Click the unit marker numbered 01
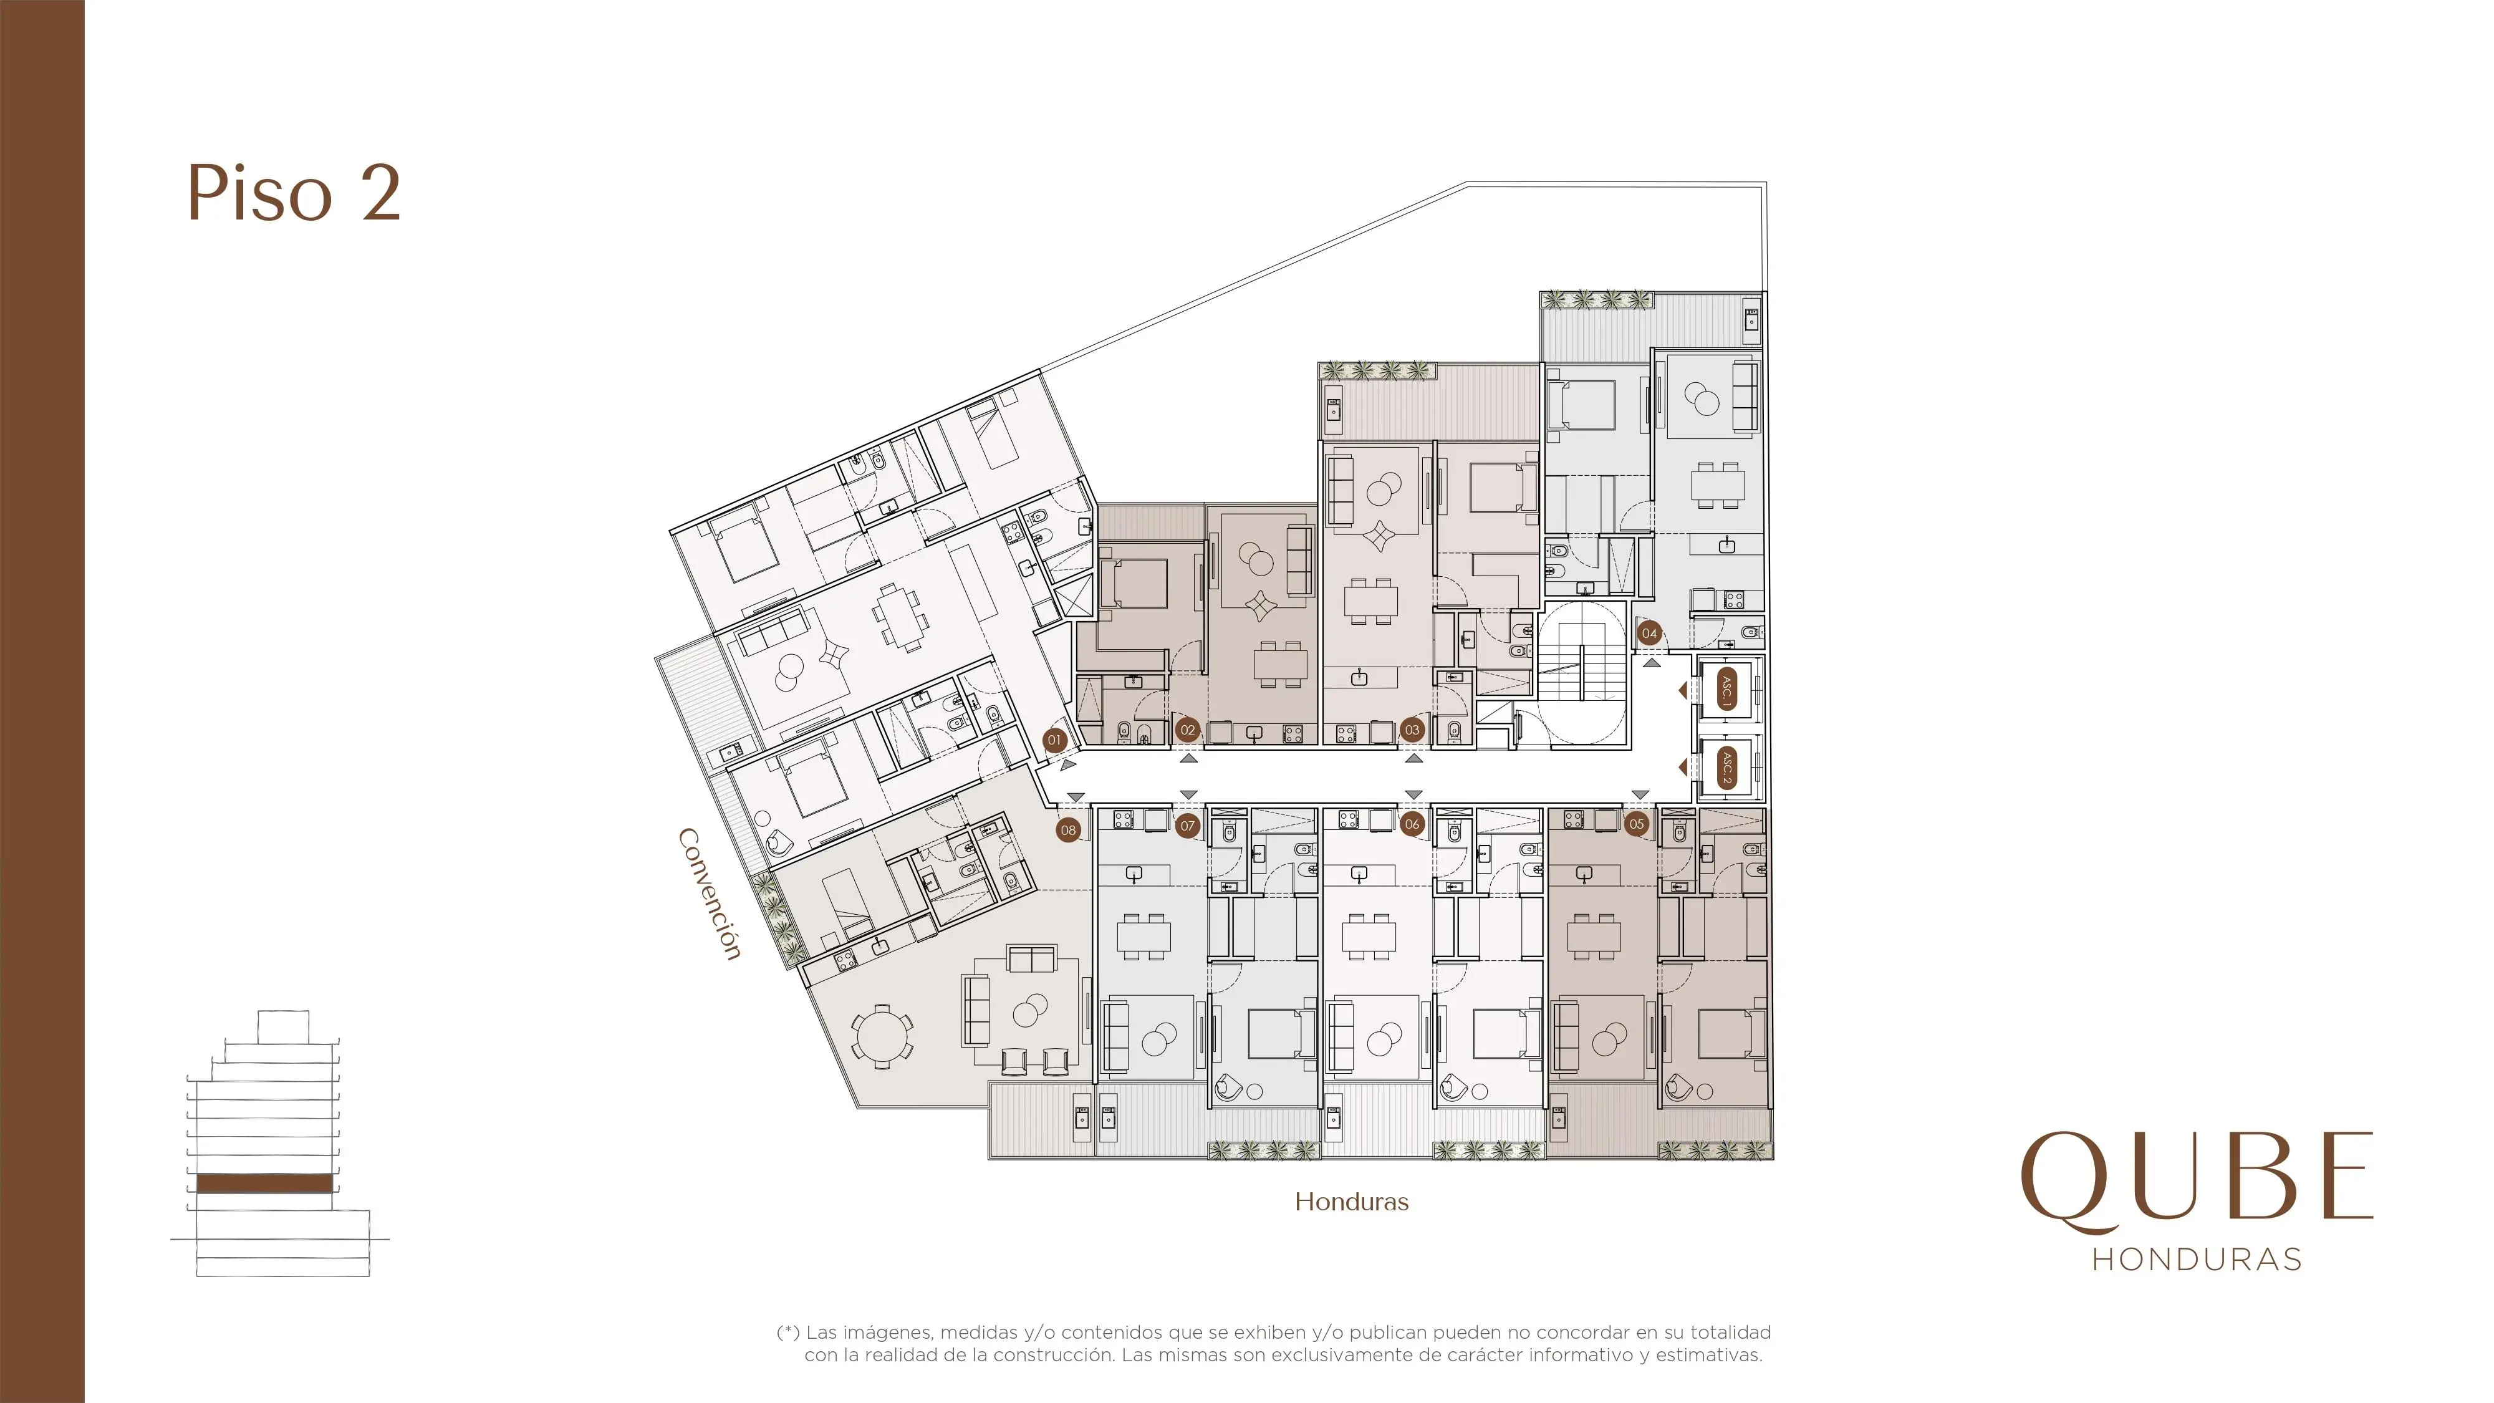click(1054, 740)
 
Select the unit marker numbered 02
click(1188, 730)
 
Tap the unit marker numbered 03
click(1413, 730)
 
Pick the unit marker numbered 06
click(1413, 824)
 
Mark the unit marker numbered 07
click(1188, 826)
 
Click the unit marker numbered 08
click(1068, 830)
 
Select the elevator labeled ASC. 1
click(1726, 690)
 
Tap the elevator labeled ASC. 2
click(1726, 768)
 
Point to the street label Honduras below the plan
click(1352, 1202)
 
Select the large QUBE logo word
click(2197, 1180)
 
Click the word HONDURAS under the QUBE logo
click(2197, 1260)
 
